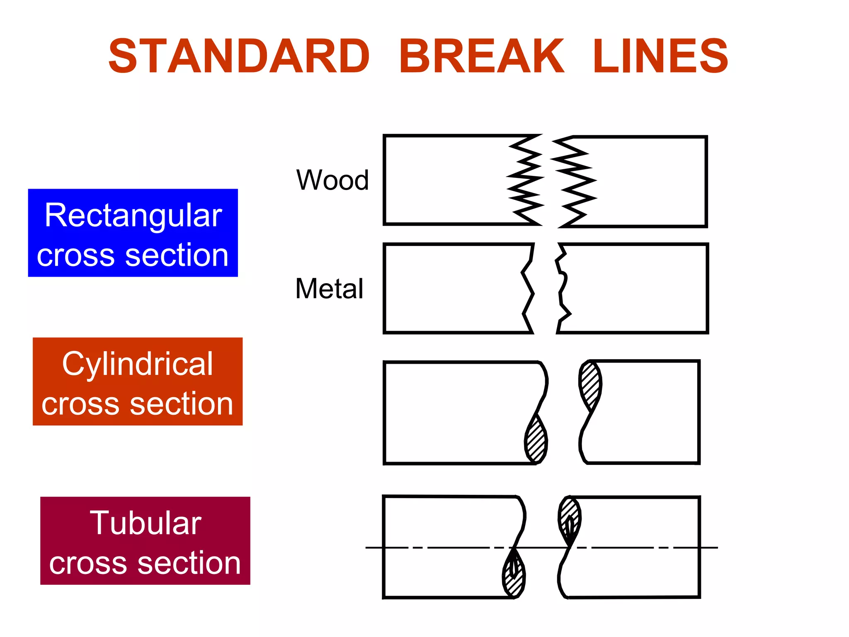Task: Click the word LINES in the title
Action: pos(660,56)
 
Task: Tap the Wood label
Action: pos(332,180)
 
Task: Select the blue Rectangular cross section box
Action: pos(133,233)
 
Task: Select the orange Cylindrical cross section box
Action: pos(138,381)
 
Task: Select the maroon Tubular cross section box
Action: pos(145,540)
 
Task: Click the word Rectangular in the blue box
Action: pos(133,216)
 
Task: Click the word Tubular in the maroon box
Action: pos(146,523)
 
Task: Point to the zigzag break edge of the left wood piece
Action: pos(526,180)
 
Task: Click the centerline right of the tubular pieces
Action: pos(709,547)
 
